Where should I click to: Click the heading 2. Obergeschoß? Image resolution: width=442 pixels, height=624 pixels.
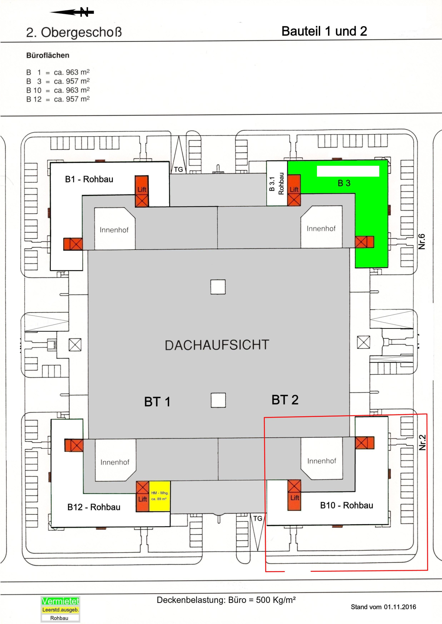tap(74, 32)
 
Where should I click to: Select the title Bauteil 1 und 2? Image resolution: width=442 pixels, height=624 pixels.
tap(324, 31)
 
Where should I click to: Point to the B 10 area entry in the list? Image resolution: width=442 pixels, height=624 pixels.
tap(58, 90)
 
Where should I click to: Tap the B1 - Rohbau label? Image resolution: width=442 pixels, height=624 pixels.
tap(89, 179)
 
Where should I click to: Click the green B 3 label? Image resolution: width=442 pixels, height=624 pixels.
tap(344, 183)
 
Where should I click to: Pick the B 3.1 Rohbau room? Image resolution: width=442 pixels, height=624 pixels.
tap(277, 184)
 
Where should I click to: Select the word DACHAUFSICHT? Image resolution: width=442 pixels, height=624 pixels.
tap(217, 345)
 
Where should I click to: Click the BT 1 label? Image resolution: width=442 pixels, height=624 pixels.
tap(157, 402)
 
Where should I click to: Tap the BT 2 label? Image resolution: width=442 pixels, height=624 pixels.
tap(285, 400)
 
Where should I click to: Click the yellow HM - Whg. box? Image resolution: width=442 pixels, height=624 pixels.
tap(160, 496)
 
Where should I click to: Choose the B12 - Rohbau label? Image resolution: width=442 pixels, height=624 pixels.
tap(94, 507)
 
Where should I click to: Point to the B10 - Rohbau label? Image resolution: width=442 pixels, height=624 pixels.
tap(346, 505)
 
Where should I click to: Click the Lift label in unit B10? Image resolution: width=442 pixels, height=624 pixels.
tap(295, 498)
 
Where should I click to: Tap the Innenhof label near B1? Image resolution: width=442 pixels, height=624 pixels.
tap(114, 230)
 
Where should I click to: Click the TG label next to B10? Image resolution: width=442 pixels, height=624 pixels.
tap(258, 519)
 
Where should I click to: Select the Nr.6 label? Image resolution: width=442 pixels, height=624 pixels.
tap(422, 241)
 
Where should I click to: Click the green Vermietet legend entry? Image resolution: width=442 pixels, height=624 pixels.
tap(60, 601)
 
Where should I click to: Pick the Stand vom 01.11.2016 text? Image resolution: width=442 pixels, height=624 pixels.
tap(383, 607)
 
